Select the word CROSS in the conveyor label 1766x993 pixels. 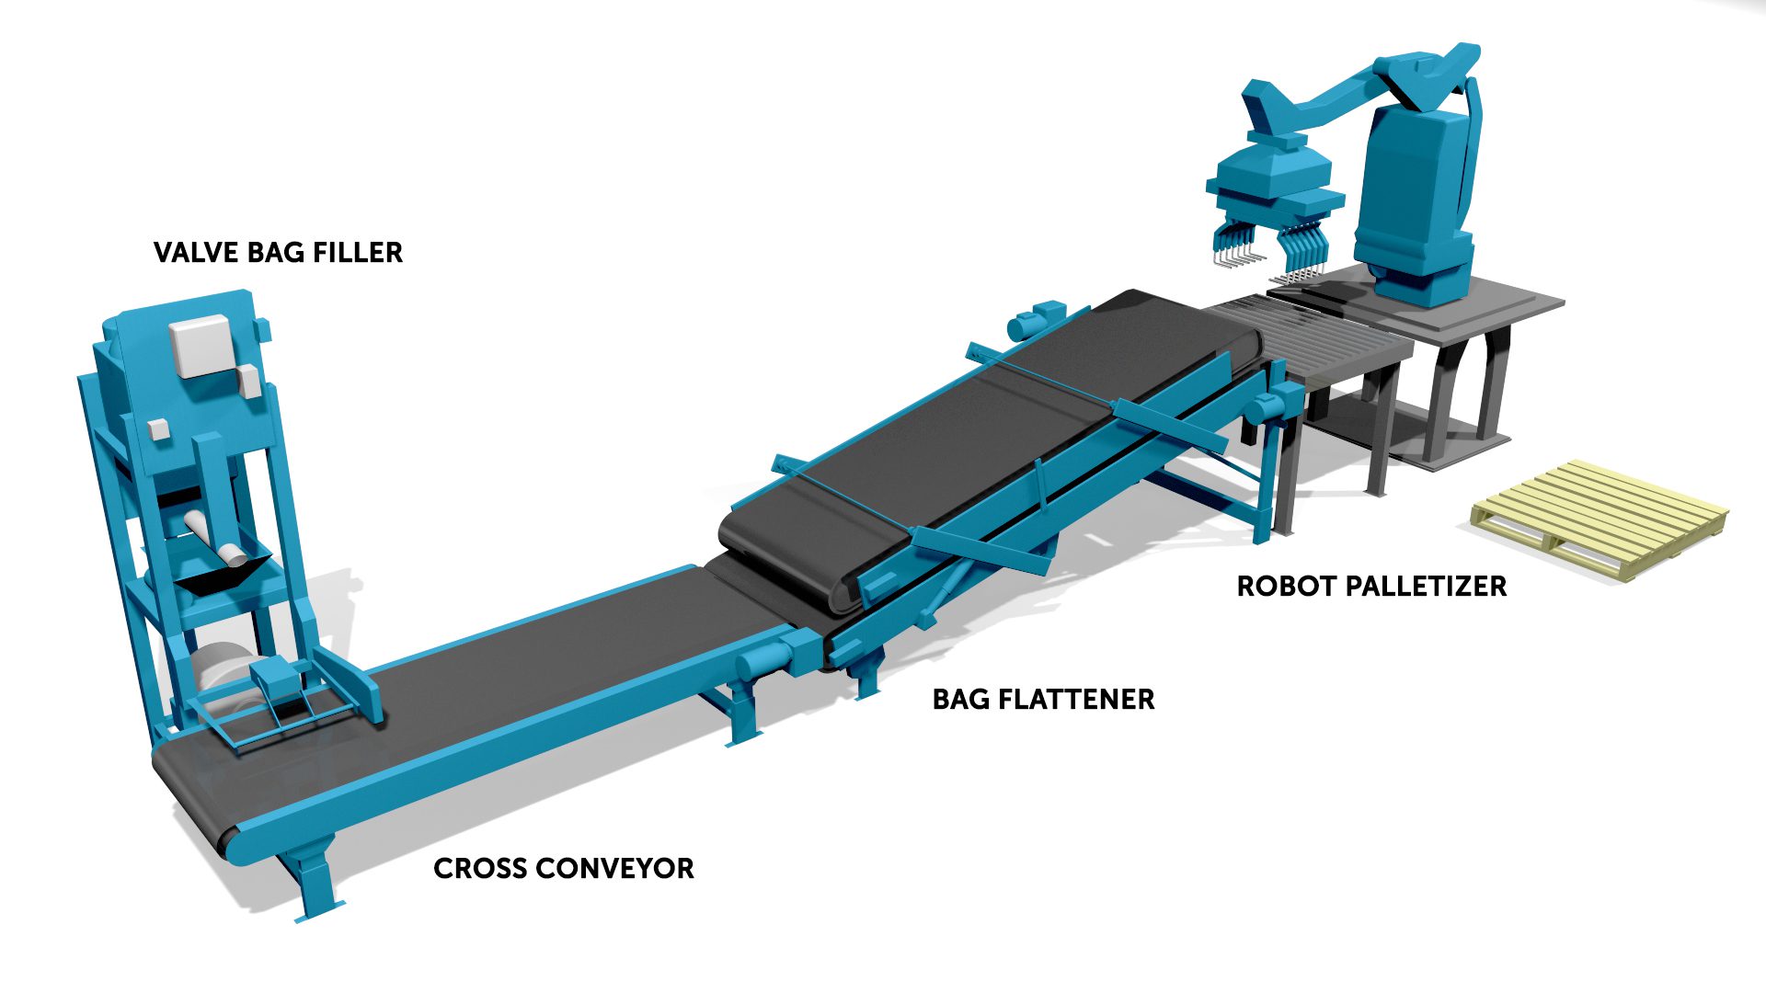click(x=481, y=869)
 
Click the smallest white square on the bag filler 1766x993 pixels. click(x=158, y=428)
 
